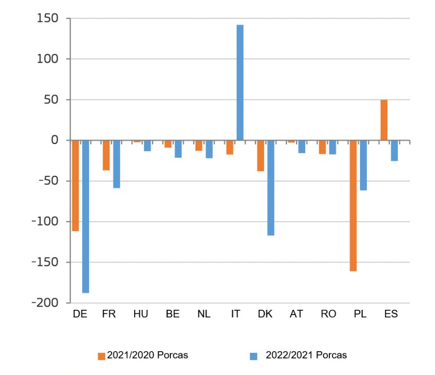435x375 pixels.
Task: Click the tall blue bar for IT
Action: [240, 83]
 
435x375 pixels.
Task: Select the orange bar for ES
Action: [384, 120]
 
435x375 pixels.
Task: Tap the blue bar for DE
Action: [85, 216]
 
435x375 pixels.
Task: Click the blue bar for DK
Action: [271, 188]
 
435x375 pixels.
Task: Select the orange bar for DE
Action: [75, 186]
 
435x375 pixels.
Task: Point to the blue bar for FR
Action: [116, 164]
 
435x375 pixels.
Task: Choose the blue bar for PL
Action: [363, 165]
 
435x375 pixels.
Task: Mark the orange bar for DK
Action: [260, 156]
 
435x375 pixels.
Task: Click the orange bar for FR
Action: [106, 155]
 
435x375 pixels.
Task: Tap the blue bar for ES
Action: [394, 151]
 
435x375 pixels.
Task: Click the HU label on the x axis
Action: [141, 314]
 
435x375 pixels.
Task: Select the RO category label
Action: [328, 314]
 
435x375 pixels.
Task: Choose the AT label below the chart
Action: [297, 314]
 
